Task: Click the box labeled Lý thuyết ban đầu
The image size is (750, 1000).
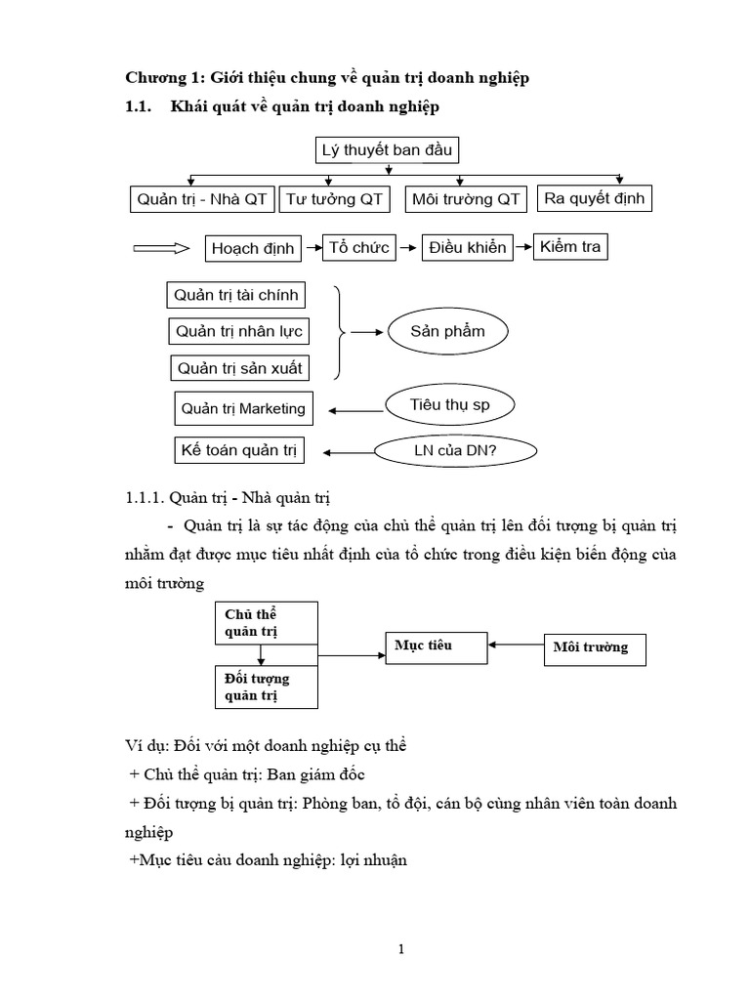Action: coord(388,150)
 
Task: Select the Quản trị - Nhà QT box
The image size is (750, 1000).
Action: coord(201,199)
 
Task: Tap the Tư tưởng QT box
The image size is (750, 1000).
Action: coord(334,199)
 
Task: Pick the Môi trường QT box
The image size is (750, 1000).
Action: coord(466,199)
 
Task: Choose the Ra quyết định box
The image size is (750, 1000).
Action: coord(594,198)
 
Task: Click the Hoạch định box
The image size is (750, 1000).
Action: coord(253,248)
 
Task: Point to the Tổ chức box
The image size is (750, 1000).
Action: coord(360,247)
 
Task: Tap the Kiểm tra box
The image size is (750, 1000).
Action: coord(570,246)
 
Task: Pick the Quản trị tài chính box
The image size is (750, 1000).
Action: coord(236,295)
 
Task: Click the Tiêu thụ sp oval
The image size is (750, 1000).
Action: coord(449,402)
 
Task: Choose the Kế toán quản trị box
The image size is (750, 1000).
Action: coord(237,450)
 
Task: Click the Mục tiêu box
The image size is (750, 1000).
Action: coord(435,646)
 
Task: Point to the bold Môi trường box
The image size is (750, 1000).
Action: coord(594,646)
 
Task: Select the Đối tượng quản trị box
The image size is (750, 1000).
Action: coord(265,687)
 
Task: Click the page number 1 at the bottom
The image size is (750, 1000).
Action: coord(374,949)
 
